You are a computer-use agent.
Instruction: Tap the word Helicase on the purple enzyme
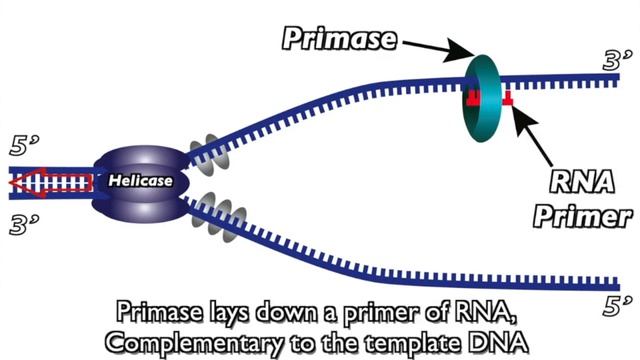pyautogui.click(x=141, y=181)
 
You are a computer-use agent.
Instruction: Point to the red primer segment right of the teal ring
pyautogui.click(x=508, y=98)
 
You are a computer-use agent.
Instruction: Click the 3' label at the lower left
pyautogui.click(x=22, y=224)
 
